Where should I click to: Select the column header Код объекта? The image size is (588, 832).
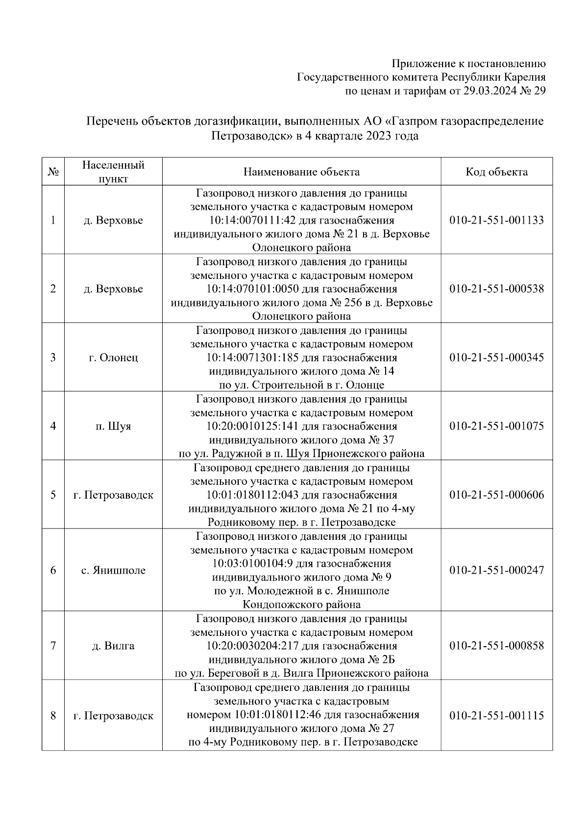click(x=496, y=172)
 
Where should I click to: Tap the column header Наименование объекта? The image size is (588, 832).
click(x=301, y=172)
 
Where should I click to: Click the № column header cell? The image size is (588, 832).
click(x=53, y=172)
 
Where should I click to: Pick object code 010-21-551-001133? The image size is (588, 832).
click(x=496, y=220)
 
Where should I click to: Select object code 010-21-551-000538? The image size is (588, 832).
click(x=496, y=289)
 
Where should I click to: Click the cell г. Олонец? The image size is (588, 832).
click(x=113, y=357)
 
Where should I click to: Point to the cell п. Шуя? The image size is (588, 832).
click(x=113, y=426)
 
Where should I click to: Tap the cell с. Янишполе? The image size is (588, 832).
click(x=113, y=570)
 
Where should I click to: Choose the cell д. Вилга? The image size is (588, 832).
click(x=113, y=646)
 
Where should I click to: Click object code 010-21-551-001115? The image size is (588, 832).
click(x=496, y=715)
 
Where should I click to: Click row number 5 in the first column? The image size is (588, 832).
click(x=53, y=495)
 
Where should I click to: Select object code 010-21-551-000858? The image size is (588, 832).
click(x=496, y=646)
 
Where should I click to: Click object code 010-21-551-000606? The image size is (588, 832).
click(x=496, y=495)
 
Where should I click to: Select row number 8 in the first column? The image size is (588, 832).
click(x=53, y=715)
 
